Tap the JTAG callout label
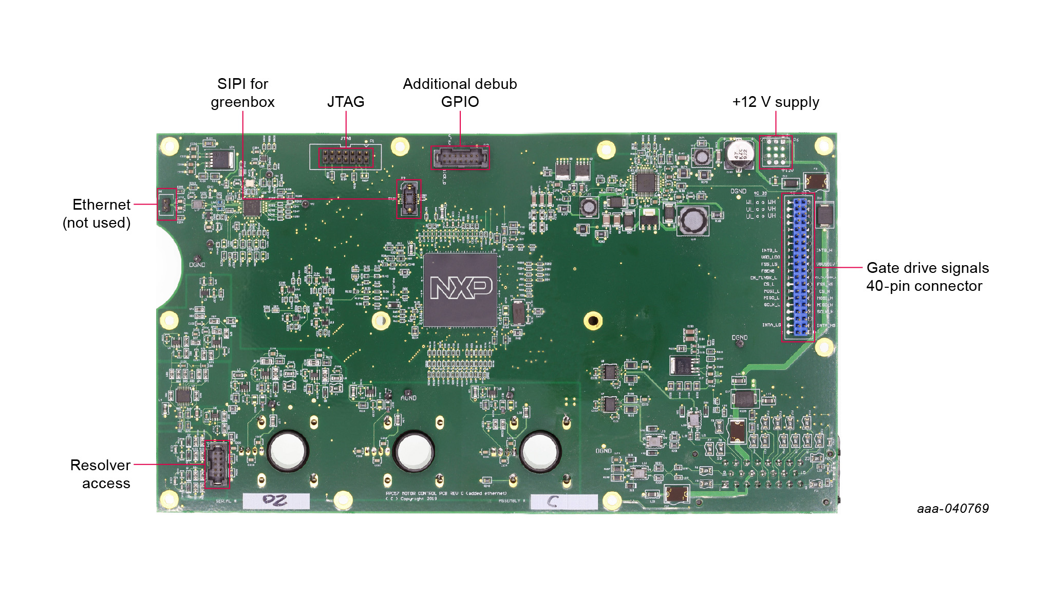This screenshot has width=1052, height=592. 346,102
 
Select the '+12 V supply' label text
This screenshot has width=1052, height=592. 775,102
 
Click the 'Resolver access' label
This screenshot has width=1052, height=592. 101,474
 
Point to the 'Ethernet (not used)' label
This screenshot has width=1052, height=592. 97,213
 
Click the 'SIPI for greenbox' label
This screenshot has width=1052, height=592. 242,92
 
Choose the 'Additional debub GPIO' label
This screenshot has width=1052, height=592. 460,92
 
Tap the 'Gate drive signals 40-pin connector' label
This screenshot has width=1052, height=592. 927,276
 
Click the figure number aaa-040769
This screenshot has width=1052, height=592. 952,508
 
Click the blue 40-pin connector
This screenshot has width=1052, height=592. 799,267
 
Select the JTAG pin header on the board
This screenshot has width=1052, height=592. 346,157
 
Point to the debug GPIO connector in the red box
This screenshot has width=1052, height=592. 460,158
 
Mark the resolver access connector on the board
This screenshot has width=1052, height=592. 217,464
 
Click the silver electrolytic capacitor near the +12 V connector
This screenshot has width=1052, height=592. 740,153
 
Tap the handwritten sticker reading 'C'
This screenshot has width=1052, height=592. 563,502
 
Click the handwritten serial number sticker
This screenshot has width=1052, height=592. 276,501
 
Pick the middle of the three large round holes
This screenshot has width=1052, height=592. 414,451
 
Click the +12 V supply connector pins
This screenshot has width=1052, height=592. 776,153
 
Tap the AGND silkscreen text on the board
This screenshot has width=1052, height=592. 408,398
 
